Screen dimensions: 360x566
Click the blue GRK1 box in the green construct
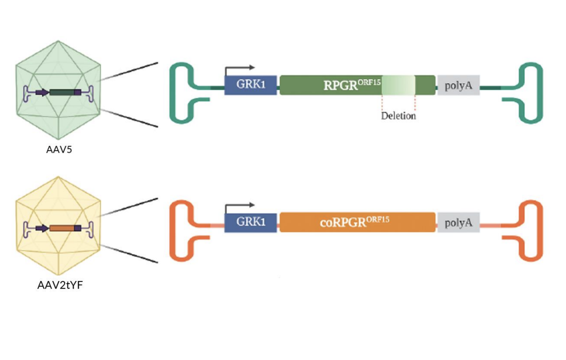point(250,85)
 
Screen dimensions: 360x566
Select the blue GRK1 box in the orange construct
point(250,222)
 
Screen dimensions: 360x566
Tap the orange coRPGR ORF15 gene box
point(357,222)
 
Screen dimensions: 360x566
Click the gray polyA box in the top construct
point(458,85)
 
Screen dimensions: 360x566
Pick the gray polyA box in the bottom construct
point(458,222)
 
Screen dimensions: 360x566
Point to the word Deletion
point(398,115)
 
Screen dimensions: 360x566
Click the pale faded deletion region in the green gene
point(398,85)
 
